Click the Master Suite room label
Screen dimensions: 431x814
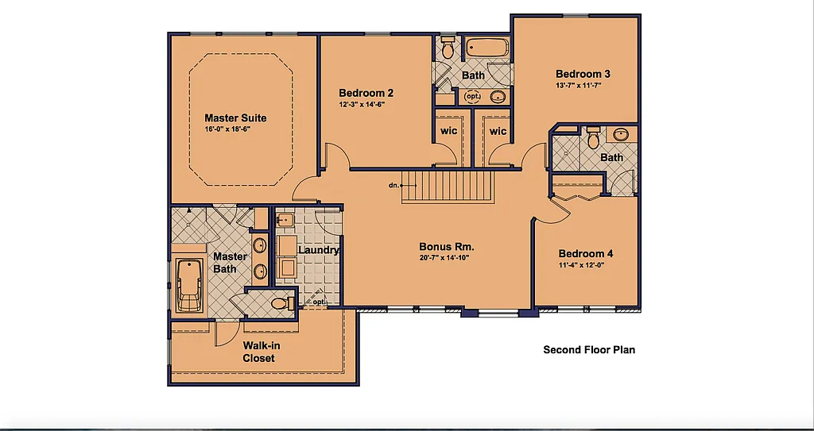coord(235,118)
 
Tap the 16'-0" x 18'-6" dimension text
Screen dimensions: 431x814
coord(227,129)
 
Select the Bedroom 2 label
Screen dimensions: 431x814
coord(366,92)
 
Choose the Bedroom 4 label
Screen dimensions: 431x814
coord(586,254)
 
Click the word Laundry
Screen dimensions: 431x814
coord(318,250)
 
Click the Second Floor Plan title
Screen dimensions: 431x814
coord(589,349)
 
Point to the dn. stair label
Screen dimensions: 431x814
coord(393,185)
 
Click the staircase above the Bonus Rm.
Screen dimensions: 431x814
coord(448,187)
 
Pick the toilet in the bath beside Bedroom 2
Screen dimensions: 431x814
coord(448,48)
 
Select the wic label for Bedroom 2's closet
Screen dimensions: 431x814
coord(448,131)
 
